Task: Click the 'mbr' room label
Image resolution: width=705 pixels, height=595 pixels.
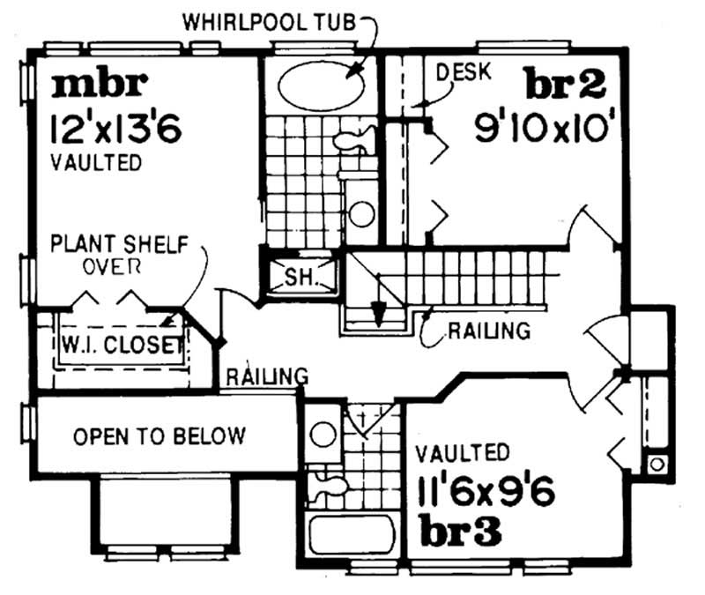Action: click(x=98, y=86)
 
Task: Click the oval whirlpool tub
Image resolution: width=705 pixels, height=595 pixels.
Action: click(x=323, y=85)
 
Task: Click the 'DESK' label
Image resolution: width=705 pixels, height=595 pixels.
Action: click(x=460, y=71)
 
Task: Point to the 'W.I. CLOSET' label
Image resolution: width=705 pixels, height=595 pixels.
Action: click(x=122, y=345)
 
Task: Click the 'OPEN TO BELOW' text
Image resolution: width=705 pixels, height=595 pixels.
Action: click(x=159, y=436)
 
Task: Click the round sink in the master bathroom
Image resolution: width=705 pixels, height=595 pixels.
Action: click(x=361, y=212)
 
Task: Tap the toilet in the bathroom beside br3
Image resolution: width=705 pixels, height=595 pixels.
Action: click(x=330, y=483)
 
